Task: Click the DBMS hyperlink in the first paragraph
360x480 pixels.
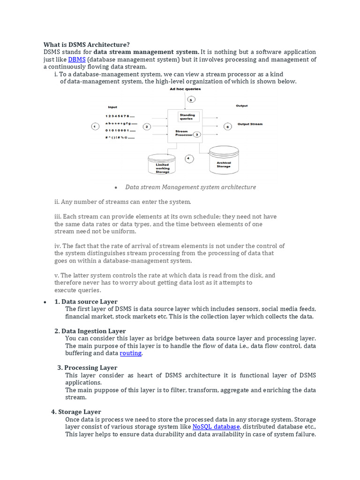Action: point(76,60)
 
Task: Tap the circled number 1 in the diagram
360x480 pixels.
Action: point(95,126)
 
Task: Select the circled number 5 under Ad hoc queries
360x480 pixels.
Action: point(190,99)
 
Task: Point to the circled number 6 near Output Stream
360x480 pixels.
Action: point(227,126)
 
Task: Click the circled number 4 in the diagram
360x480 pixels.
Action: point(189,158)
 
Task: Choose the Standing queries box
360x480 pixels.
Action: point(187,117)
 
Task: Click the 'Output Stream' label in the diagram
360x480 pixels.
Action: point(250,124)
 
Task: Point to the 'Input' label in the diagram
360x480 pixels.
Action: point(112,107)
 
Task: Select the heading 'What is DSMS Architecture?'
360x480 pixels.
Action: point(87,45)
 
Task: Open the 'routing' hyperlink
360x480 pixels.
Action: point(130,353)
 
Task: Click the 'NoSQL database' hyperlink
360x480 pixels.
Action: point(216,427)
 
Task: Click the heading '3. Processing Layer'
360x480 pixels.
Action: point(87,367)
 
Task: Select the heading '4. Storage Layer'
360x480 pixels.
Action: point(76,412)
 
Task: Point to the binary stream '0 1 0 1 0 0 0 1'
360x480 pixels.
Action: point(120,130)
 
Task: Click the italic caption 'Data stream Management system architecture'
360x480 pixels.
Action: point(190,187)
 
